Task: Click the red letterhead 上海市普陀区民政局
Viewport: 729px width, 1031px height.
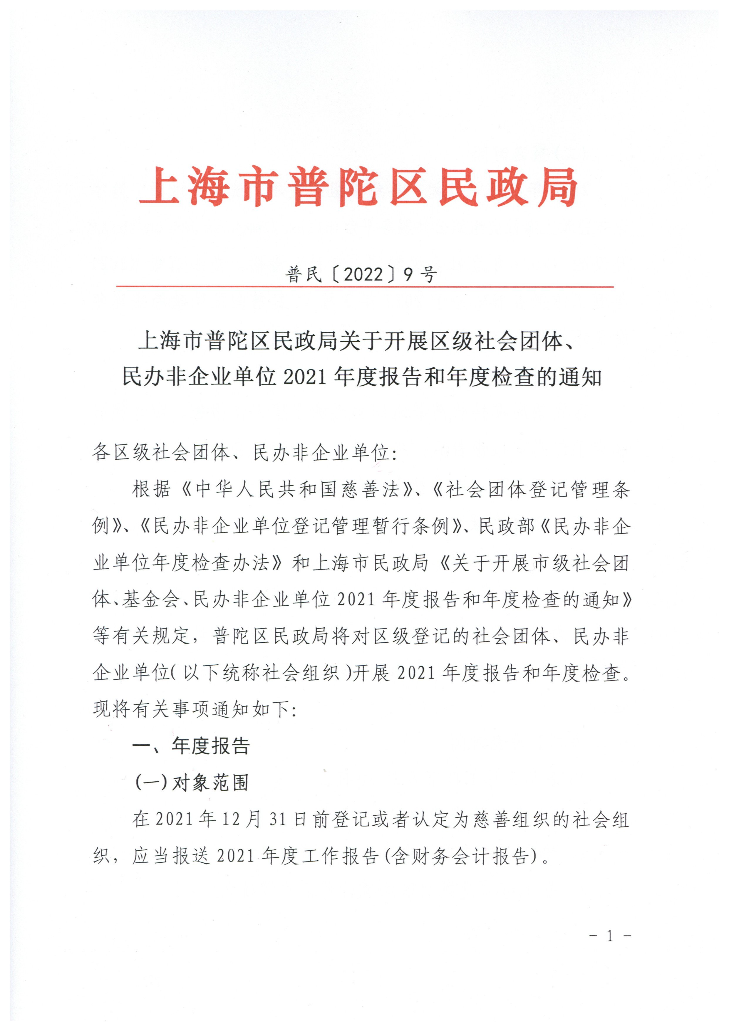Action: coord(358,186)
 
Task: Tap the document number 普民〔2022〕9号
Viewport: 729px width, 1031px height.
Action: coord(361,274)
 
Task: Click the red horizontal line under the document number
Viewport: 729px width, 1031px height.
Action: coord(365,286)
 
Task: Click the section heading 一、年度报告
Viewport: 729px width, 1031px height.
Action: coord(191,746)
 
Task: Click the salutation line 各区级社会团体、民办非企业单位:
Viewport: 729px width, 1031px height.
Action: coord(245,453)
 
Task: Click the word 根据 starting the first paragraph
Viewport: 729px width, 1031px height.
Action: coord(151,489)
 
